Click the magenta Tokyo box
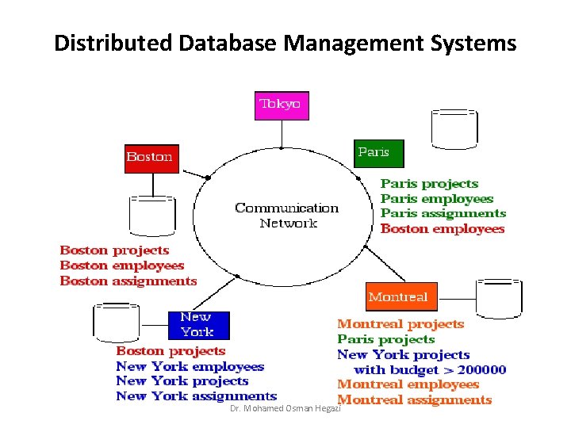click(281, 105)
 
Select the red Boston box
click(149, 156)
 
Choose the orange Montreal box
click(398, 297)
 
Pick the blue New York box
click(198, 325)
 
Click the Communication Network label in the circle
click(286, 216)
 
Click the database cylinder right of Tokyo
click(454, 127)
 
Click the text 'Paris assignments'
click(443, 213)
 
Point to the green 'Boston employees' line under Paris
click(443, 229)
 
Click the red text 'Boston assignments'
click(128, 281)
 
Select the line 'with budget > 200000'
click(430, 369)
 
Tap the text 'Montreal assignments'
click(415, 400)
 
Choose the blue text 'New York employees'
click(190, 366)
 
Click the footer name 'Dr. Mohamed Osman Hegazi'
click(284, 407)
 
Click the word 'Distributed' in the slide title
click(113, 43)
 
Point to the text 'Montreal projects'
click(400, 323)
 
